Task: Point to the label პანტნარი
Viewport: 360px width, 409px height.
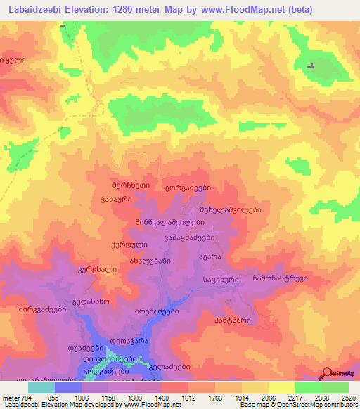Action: (x=233, y=320)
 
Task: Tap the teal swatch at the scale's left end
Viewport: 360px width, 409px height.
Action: (x=41, y=387)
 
